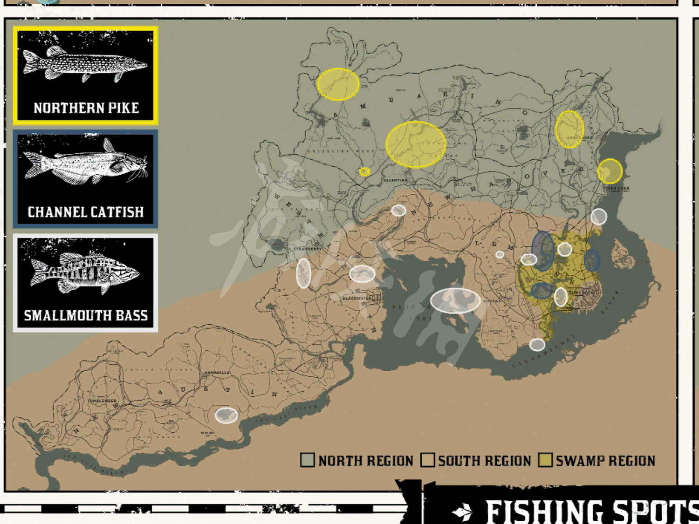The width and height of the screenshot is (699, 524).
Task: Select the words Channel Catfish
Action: click(86, 212)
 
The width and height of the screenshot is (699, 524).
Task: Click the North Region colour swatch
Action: click(307, 460)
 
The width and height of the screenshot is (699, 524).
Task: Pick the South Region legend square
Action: click(427, 460)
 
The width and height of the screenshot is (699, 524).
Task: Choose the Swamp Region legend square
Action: click(545, 460)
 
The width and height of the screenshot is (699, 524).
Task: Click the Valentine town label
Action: click(395, 180)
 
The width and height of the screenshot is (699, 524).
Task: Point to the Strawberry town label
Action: click(307, 249)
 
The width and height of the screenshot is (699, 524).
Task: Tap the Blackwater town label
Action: click(357, 298)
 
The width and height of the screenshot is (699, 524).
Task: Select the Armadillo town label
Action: click(217, 373)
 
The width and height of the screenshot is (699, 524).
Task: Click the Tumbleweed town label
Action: click(102, 400)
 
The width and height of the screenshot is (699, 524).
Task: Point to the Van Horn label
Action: click(618, 189)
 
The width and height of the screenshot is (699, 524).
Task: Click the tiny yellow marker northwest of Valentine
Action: click(364, 172)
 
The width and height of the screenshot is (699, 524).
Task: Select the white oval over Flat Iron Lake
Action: click(455, 300)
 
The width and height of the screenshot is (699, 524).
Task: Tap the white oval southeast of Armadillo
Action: click(226, 415)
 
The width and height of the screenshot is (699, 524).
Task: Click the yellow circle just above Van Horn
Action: click(610, 171)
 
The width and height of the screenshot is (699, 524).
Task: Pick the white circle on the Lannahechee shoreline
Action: click(537, 344)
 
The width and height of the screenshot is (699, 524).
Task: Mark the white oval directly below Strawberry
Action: click(303, 273)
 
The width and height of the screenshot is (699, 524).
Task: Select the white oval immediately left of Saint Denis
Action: click(561, 297)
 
